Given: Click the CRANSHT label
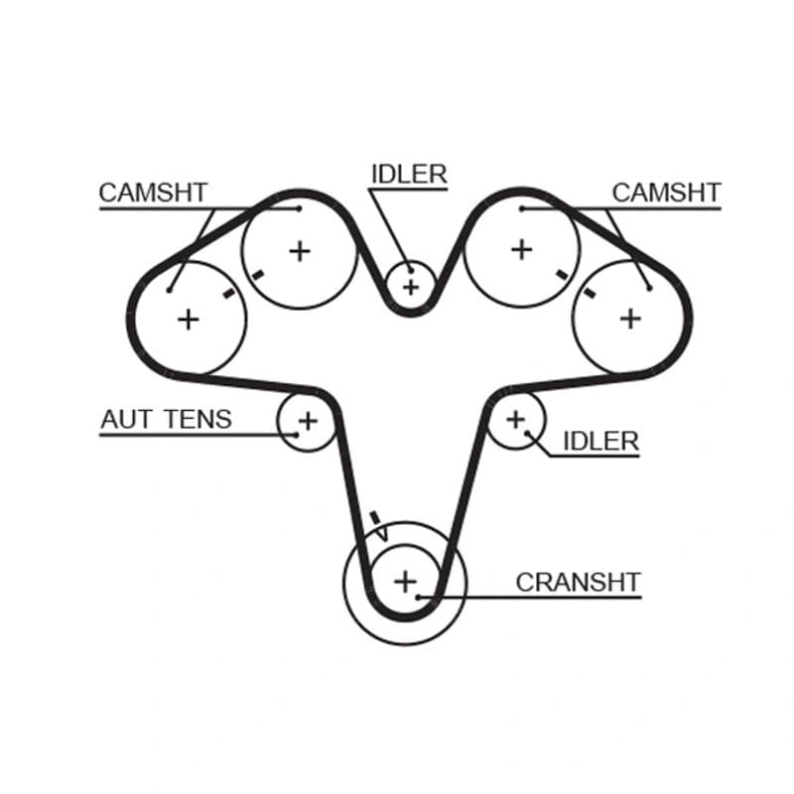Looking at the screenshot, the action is (x=579, y=583).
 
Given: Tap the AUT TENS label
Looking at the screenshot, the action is (x=166, y=419).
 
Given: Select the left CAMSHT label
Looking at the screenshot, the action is (x=154, y=193).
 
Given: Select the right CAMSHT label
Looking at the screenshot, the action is (x=666, y=193).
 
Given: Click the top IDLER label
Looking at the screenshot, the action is (x=409, y=175).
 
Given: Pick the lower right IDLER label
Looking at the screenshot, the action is (x=601, y=442).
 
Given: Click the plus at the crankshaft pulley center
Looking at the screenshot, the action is (x=405, y=582).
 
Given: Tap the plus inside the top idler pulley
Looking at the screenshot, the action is (x=411, y=288).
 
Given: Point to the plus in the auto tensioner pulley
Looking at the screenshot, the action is (x=308, y=421).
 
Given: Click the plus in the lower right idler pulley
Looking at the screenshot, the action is (x=516, y=419).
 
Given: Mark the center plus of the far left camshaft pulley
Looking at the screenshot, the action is (x=189, y=320).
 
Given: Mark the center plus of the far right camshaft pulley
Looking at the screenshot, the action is (x=630, y=319).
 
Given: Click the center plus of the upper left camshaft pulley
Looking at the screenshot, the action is (x=300, y=251).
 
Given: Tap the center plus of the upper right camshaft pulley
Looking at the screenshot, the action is (x=522, y=250).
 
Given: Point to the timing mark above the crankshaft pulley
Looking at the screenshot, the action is (x=376, y=518).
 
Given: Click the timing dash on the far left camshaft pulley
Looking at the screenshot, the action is (x=229, y=293).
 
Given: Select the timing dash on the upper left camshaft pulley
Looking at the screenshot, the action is (x=258, y=276).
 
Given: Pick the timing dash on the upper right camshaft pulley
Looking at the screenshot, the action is (x=562, y=275).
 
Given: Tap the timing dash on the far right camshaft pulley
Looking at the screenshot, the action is (x=589, y=293).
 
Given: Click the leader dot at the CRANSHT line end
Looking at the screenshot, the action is (x=418, y=597).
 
